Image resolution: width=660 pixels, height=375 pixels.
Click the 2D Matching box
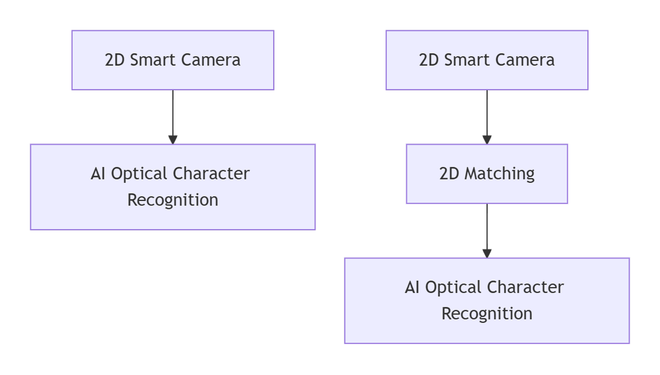tap(487, 174)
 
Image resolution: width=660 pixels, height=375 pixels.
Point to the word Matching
tap(499, 174)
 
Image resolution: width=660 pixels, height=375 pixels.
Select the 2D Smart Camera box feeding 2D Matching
tap(487, 60)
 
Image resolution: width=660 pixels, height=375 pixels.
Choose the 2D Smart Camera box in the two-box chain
tap(173, 60)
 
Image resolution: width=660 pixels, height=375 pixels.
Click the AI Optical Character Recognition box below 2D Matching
tap(487, 301)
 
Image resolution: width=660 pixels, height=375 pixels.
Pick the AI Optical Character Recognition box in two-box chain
tap(173, 187)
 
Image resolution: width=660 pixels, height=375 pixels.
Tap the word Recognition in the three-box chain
tap(487, 313)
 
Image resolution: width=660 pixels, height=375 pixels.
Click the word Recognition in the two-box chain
tap(173, 200)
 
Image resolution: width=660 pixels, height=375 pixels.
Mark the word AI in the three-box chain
tap(412, 288)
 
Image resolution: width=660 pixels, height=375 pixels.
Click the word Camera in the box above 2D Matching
tap(528, 60)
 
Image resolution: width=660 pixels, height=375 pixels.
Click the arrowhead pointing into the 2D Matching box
tap(487, 139)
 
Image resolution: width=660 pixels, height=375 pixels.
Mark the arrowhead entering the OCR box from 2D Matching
tap(487, 253)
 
